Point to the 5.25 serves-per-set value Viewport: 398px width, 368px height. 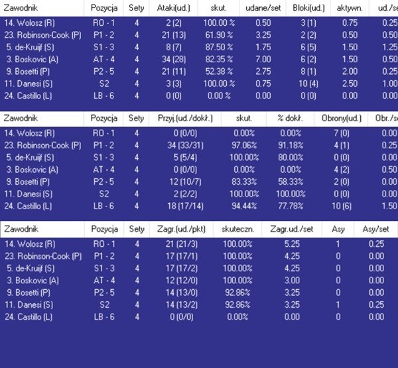(x=293, y=244)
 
